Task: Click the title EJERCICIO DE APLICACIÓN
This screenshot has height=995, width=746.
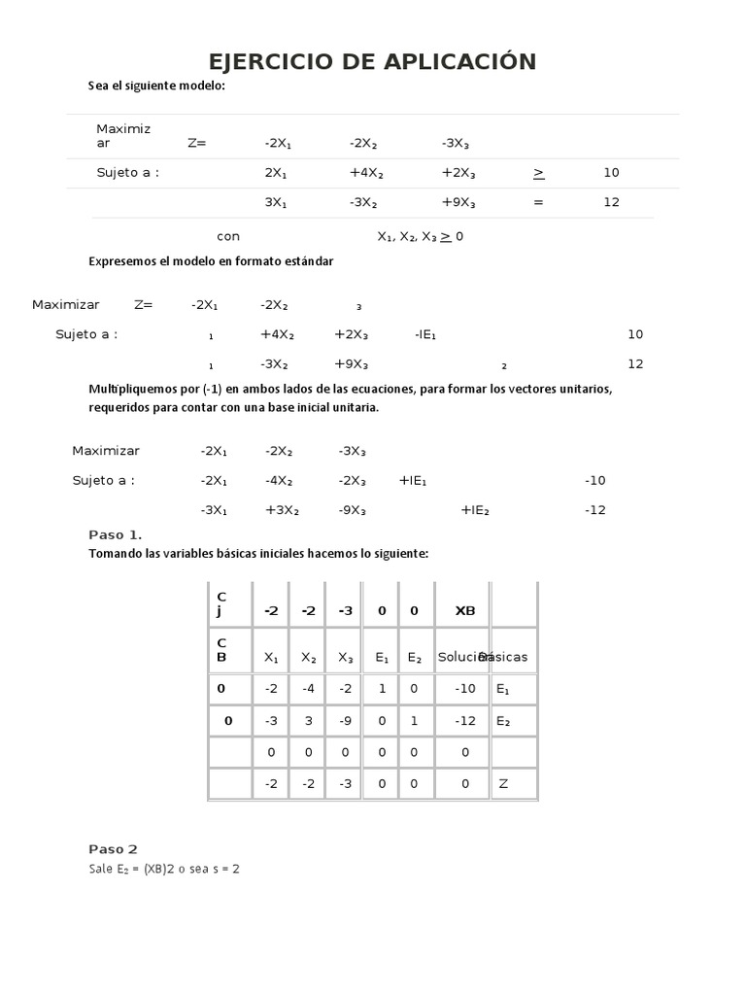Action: point(372,62)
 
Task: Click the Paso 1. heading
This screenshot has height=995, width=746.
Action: point(115,534)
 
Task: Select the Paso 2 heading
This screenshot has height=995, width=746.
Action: point(113,849)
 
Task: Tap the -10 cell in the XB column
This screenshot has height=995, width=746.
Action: point(465,689)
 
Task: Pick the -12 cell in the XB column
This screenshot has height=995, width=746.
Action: point(465,721)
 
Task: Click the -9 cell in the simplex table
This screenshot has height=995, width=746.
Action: point(345,721)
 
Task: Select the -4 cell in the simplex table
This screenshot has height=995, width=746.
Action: point(308,689)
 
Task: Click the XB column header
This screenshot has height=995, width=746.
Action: point(465,611)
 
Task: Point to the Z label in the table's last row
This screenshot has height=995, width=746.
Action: point(503,783)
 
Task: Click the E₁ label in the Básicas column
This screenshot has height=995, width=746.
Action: point(502,689)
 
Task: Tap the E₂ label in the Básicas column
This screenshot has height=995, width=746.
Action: point(502,721)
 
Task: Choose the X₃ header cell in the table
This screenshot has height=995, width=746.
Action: point(345,658)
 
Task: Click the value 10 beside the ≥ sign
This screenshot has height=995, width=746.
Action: point(611,173)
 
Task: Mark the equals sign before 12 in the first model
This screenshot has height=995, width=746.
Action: point(538,203)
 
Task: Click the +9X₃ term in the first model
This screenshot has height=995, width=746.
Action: point(458,203)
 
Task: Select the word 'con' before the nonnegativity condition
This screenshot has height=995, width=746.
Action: point(228,236)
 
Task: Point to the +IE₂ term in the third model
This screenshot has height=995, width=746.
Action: point(475,510)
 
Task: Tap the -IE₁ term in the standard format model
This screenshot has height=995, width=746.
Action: point(425,334)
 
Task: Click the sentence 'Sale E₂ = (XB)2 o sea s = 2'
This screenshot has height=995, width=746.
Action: point(163,870)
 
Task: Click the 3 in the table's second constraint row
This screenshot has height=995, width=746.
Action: point(308,721)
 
